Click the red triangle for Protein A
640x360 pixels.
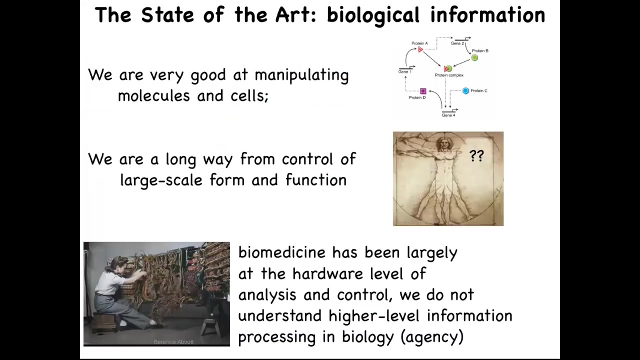pos(420,49)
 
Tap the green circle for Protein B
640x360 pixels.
pos(474,57)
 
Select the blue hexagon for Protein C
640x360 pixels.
pos(465,91)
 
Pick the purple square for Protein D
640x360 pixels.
pos(423,91)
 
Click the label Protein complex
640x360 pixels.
pos(449,75)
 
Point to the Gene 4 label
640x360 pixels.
pos(448,115)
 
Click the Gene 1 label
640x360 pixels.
pos(404,71)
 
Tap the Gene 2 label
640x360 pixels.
pos(457,43)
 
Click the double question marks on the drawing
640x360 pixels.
pos(476,156)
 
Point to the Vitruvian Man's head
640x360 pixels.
pos(443,143)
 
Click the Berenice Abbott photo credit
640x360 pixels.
pos(173,341)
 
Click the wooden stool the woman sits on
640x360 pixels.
pos(103,321)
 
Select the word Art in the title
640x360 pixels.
pos(296,15)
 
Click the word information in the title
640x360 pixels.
pos(487,15)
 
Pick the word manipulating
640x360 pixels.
pos(301,75)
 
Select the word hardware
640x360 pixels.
pos(327,273)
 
